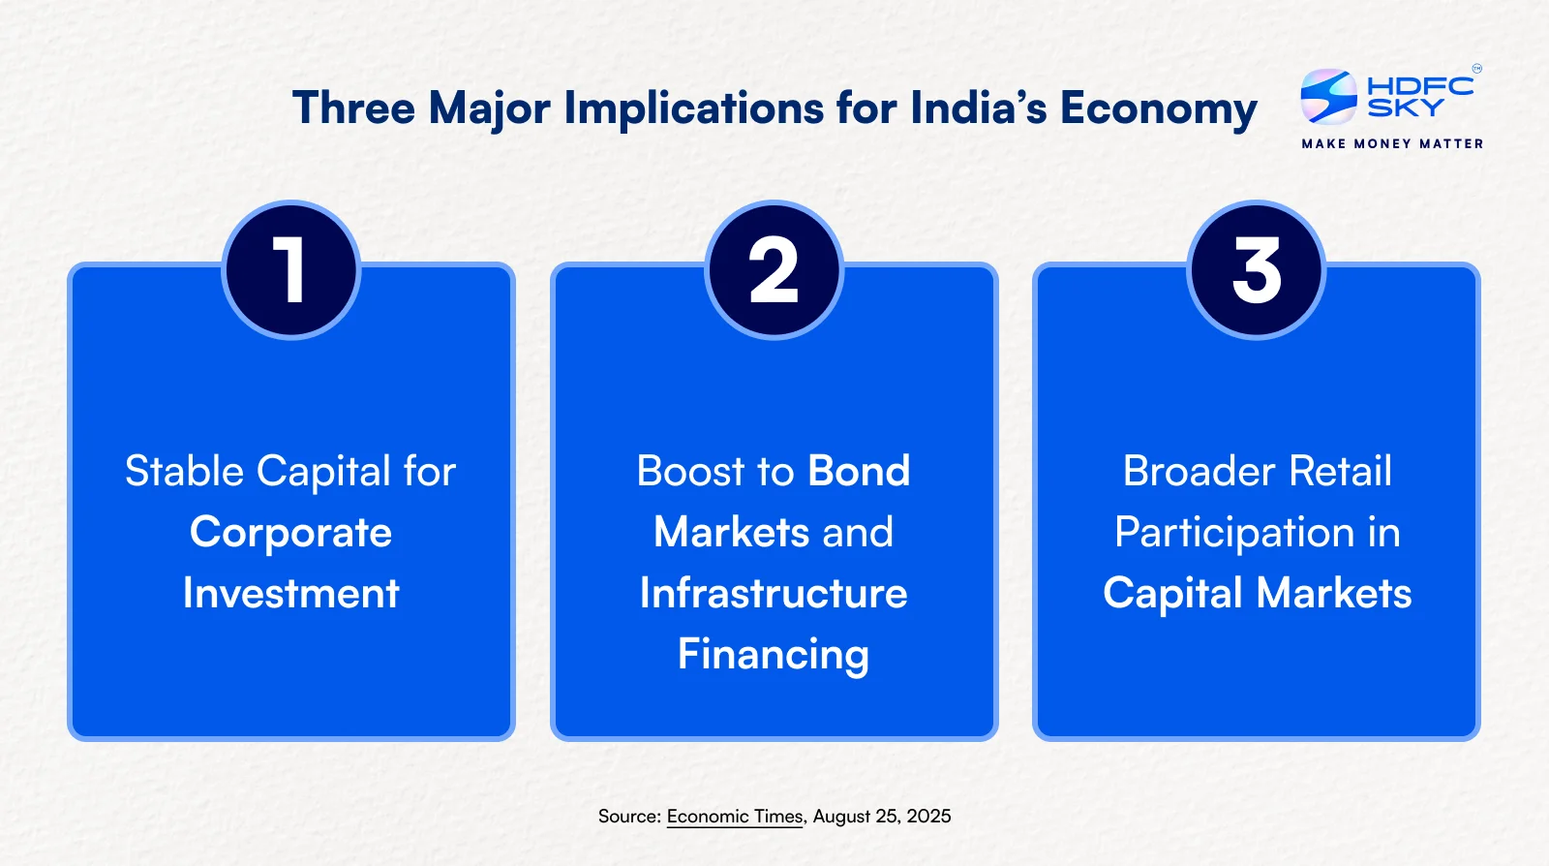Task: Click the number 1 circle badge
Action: tap(291, 269)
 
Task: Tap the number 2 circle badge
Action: tap(774, 269)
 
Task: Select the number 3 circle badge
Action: tap(1257, 269)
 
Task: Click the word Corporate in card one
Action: tap(291, 533)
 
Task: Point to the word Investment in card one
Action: tap(291, 593)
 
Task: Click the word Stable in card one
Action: tap(185, 471)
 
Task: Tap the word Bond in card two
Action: tap(859, 471)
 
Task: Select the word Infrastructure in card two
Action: tap(774, 593)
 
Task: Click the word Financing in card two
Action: tap(774, 654)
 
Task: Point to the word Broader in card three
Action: tap(1199, 471)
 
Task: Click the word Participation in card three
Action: tap(1234, 534)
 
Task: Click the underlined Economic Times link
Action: tap(735, 817)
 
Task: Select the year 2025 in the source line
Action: tap(928, 817)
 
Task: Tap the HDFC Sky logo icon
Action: tap(1328, 97)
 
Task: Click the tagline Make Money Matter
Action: tap(1392, 144)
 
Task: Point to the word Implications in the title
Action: tap(693, 108)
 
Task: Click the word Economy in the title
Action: tap(1158, 108)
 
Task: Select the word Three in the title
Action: tap(353, 108)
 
